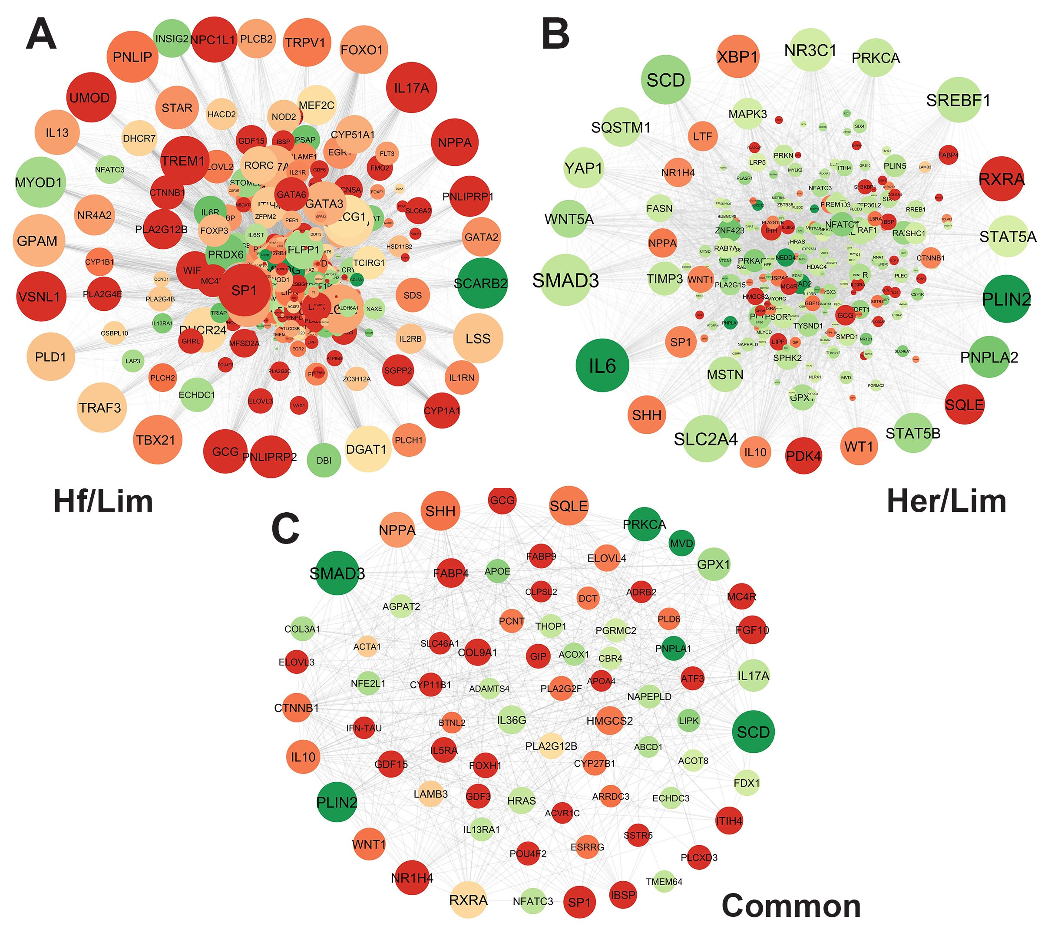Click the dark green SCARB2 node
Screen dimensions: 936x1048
click(x=482, y=283)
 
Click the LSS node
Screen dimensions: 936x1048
click(x=478, y=338)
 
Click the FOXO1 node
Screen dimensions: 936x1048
click(x=363, y=50)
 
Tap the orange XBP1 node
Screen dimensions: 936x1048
click(x=737, y=56)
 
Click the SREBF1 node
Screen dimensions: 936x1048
click(x=958, y=100)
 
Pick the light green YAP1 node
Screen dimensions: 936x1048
click(x=583, y=168)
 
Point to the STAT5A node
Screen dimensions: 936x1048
click(x=1007, y=237)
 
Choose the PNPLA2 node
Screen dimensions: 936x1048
click(x=988, y=357)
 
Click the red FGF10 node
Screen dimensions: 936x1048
click(x=752, y=630)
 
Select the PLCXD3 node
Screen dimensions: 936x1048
click(x=699, y=857)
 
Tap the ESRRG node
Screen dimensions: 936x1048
click(x=588, y=847)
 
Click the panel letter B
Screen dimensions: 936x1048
click(x=555, y=34)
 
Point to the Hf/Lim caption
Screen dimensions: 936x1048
click(x=103, y=501)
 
